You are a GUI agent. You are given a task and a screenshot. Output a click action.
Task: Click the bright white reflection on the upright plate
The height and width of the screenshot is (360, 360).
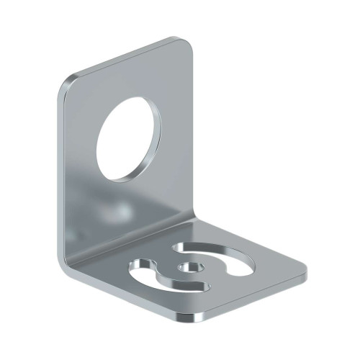119,212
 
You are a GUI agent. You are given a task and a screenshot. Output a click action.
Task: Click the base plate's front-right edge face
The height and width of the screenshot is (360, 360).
252,299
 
